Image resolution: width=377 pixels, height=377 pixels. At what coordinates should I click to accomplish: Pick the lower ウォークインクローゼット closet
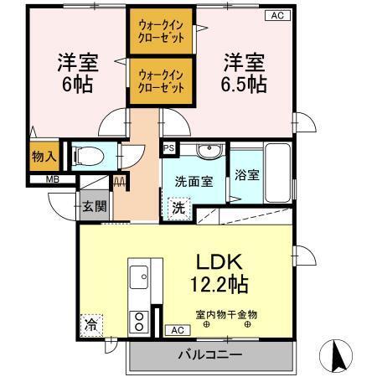coord(161,80)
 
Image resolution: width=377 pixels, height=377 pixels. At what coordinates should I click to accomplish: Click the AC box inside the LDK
coord(177,330)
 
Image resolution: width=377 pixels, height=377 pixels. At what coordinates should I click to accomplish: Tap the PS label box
coord(168,147)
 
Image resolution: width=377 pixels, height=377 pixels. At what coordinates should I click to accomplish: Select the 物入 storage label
coord(44,156)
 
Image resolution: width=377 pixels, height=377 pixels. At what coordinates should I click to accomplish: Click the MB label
coord(41,178)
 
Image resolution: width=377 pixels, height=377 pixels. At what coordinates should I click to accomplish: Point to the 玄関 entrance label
coord(94,205)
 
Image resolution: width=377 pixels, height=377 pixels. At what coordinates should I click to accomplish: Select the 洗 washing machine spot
coord(178,206)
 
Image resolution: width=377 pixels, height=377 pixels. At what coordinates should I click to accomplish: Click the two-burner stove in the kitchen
coord(138,322)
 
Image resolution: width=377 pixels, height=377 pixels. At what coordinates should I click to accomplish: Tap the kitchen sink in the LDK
coord(139,275)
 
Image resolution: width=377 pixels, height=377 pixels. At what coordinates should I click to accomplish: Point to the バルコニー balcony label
coord(210,354)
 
